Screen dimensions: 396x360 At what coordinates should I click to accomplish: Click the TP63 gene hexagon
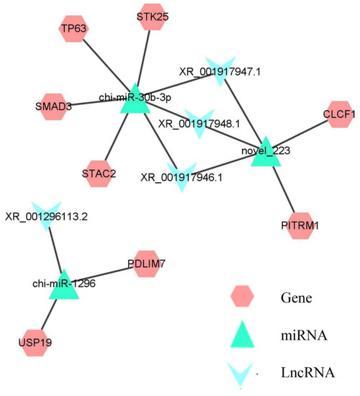coord(71,30)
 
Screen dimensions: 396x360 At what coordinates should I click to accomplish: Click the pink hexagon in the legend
coord(244,297)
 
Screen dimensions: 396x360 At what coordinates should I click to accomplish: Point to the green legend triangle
coord(244,334)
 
